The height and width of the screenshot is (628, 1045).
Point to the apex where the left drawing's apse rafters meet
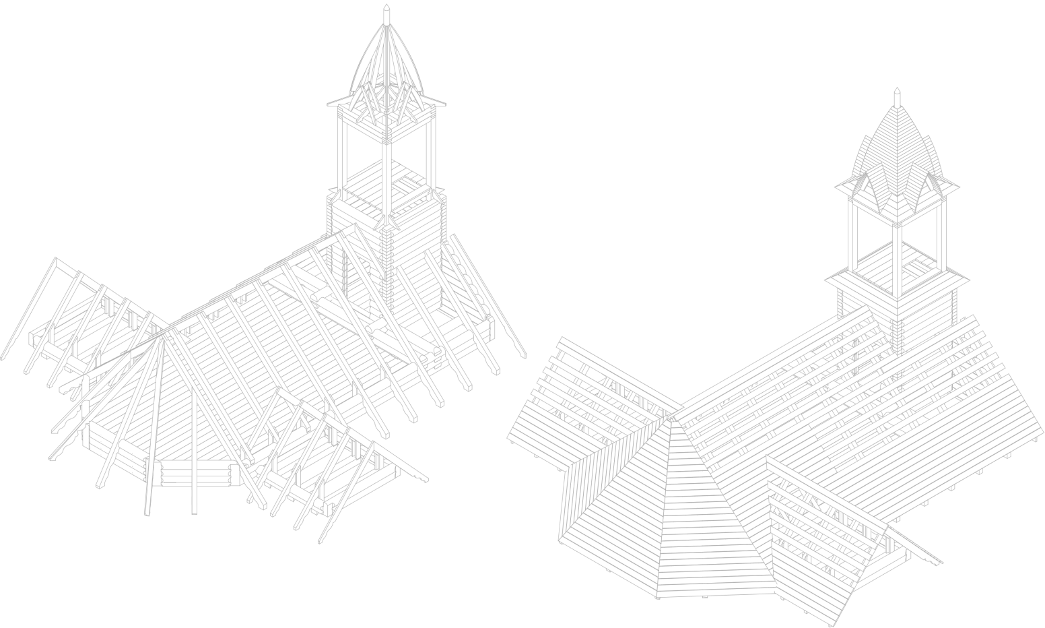click(162, 336)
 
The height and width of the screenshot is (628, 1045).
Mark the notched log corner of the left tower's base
click(386, 263)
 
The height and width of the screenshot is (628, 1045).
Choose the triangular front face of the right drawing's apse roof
click(673, 512)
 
